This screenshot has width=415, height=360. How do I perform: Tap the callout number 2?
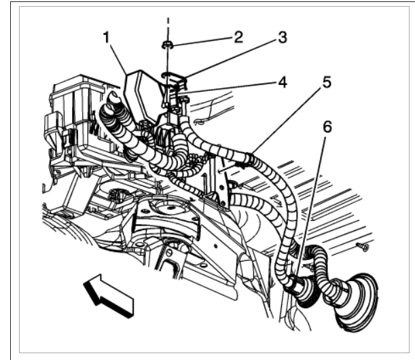coord(238,37)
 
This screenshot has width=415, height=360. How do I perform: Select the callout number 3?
coord(282,38)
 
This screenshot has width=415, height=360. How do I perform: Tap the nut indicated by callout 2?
coord(167,46)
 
